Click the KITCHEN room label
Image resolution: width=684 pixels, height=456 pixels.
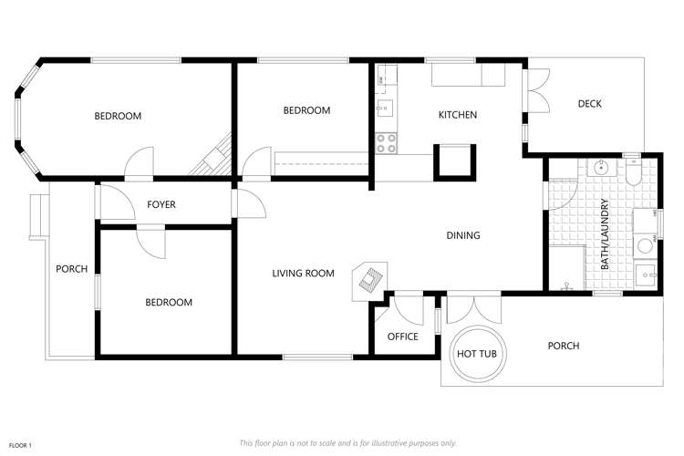pyautogui.click(x=458, y=115)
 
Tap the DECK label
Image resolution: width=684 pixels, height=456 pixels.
pyautogui.click(x=589, y=103)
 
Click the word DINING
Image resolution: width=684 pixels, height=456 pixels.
pyautogui.click(x=462, y=235)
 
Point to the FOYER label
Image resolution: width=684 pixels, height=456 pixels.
pyautogui.click(x=161, y=204)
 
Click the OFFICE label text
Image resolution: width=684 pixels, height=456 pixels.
pyautogui.click(x=402, y=337)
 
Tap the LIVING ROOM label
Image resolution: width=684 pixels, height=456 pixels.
pyautogui.click(x=303, y=273)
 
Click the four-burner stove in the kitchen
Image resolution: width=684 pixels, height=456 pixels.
pyautogui.click(x=386, y=143)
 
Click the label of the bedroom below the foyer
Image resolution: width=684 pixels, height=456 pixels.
pyautogui.click(x=169, y=302)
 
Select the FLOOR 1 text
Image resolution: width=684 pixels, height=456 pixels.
pyautogui.click(x=20, y=444)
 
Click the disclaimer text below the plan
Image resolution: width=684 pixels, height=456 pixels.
pyautogui.click(x=347, y=442)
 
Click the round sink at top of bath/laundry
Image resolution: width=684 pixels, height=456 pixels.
pyautogui.click(x=601, y=168)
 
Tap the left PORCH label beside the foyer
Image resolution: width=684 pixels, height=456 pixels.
pyautogui.click(x=71, y=268)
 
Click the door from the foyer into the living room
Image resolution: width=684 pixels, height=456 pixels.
pyautogui.click(x=235, y=203)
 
